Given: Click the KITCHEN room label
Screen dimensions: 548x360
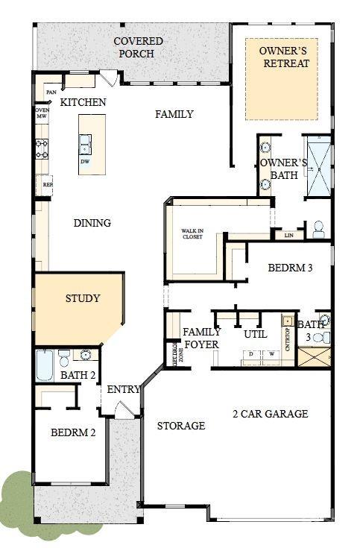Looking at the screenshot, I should click(x=83, y=102).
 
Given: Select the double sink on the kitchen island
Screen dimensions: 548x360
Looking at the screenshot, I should click(x=85, y=141).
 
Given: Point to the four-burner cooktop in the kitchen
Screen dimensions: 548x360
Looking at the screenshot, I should click(x=42, y=149).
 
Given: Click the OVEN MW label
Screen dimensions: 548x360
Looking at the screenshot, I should click(x=42, y=113).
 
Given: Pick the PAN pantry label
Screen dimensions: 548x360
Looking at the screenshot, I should click(x=51, y=92).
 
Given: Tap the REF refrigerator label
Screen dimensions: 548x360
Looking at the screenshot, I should click(x=47, y=184).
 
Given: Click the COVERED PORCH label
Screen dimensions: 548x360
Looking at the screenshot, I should click(x=134, y=47).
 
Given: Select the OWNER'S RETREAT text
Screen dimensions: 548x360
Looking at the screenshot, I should click(x=282, y=57).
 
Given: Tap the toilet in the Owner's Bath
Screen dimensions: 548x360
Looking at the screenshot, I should click(x=318, y=229).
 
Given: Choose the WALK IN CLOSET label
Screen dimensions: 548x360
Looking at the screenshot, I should click(x=192, y=234).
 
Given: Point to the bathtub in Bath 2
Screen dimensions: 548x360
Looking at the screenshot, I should click(x=45, y=365).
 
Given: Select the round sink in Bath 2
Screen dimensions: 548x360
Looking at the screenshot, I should click(x=86, y=355).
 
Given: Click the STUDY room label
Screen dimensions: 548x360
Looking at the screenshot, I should click(x=82, y=298).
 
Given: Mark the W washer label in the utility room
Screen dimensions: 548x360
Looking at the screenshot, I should click(x=271, y=353).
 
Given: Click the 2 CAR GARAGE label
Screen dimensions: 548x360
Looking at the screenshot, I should click(x=270, y=414).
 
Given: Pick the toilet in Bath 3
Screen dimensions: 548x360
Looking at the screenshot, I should click(x=319, y=338).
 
